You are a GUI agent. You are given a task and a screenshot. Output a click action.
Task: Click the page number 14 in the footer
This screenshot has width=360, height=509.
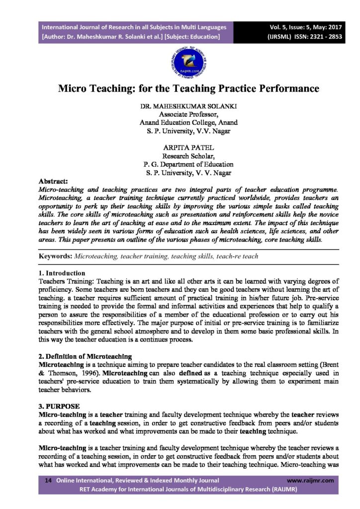48,481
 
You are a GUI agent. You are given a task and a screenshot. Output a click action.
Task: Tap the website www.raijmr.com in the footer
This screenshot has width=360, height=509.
310,481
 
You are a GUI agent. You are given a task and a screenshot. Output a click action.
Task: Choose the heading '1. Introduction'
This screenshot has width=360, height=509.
62,273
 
